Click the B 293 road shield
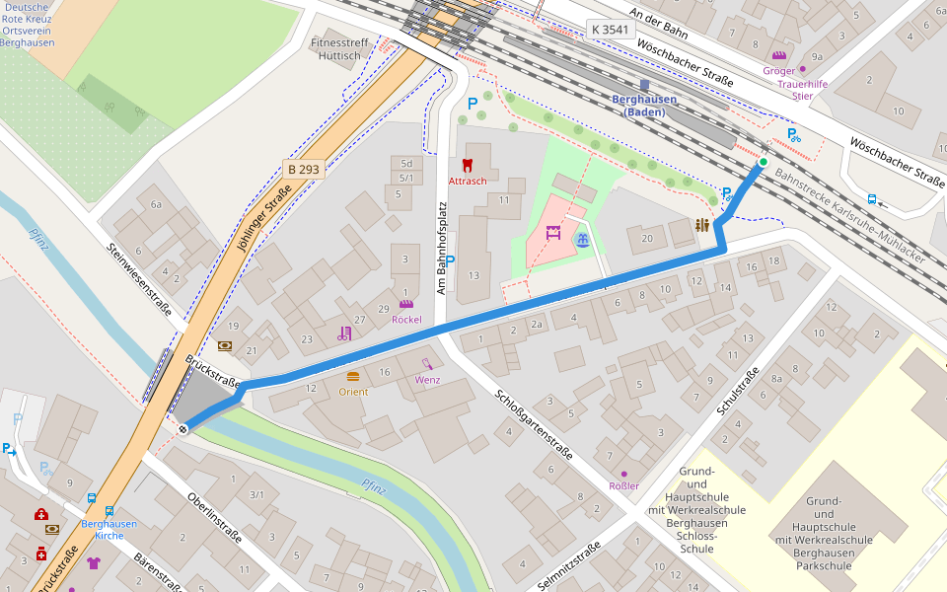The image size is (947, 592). point(303,169)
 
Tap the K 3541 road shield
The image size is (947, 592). point(610,30)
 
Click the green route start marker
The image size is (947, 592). point(764,162)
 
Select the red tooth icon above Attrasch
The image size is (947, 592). point(468,166)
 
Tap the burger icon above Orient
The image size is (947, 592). point(353,376)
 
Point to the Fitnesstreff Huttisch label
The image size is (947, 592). point(340,49)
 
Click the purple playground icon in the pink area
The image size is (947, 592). point(553,235)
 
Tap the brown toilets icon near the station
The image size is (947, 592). point(701,225)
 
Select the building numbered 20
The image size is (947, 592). point(647,238)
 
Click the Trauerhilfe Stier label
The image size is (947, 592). point(802,90)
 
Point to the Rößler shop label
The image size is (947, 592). point(623,485)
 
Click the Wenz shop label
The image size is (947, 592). point(427,380)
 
